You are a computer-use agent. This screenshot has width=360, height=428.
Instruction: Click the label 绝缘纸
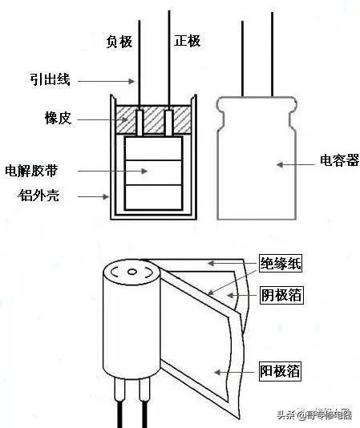(281, 264)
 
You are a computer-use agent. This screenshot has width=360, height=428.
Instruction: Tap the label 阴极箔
(281, 297)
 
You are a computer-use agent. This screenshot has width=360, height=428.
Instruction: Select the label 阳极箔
(281, 372)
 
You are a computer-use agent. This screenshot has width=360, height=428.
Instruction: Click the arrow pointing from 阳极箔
(237, 371)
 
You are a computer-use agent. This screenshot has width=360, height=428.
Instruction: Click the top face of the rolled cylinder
(132, 272)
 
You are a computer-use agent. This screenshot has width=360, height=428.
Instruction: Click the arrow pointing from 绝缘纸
(233, 262)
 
